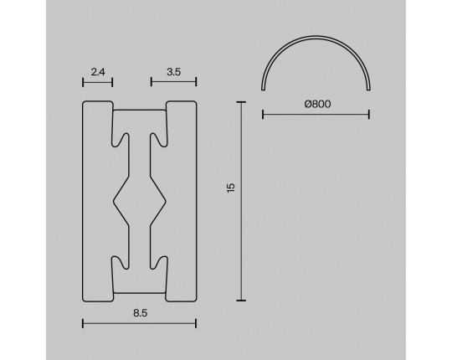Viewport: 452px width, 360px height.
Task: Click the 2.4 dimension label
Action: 98,72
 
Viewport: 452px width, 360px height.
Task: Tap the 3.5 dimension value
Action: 174,72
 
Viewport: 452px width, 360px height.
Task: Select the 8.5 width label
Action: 141,313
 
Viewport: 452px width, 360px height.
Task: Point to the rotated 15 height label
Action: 231,188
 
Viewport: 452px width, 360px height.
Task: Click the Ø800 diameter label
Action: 318,104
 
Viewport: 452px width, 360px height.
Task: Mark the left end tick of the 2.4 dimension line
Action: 83,82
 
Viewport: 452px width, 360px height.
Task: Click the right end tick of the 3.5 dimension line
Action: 196,81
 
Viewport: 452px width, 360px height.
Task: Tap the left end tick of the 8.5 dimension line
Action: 83,323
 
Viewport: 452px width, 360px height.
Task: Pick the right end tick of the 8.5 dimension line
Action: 196,323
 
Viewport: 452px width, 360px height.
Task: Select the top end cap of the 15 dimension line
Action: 241,102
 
